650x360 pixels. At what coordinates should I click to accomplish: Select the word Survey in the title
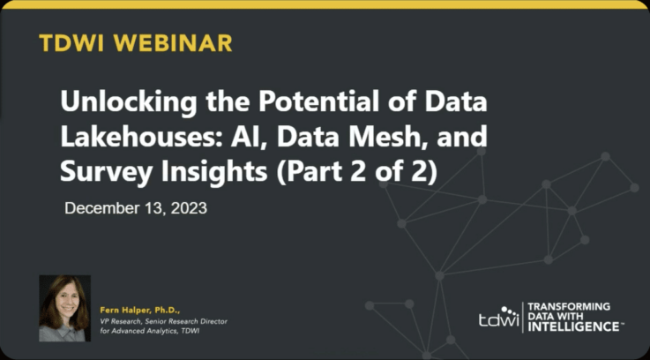coord(106,173)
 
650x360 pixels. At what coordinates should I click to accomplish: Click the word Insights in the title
coord(214,173)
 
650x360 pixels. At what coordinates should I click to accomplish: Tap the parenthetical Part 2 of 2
coord(357,173)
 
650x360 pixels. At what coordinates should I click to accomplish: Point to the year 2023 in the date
coord(189,207)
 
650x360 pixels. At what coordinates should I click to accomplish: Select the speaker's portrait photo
coord(64,308)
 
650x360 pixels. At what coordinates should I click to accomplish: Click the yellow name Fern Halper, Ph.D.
coord(140,311)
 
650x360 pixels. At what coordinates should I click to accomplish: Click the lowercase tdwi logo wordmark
coord(498,319)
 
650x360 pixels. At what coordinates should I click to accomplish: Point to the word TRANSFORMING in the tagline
coord(569,307)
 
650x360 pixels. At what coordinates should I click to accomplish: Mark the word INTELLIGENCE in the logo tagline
coord(574,326)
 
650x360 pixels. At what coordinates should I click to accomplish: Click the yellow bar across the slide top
coord(325,4)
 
